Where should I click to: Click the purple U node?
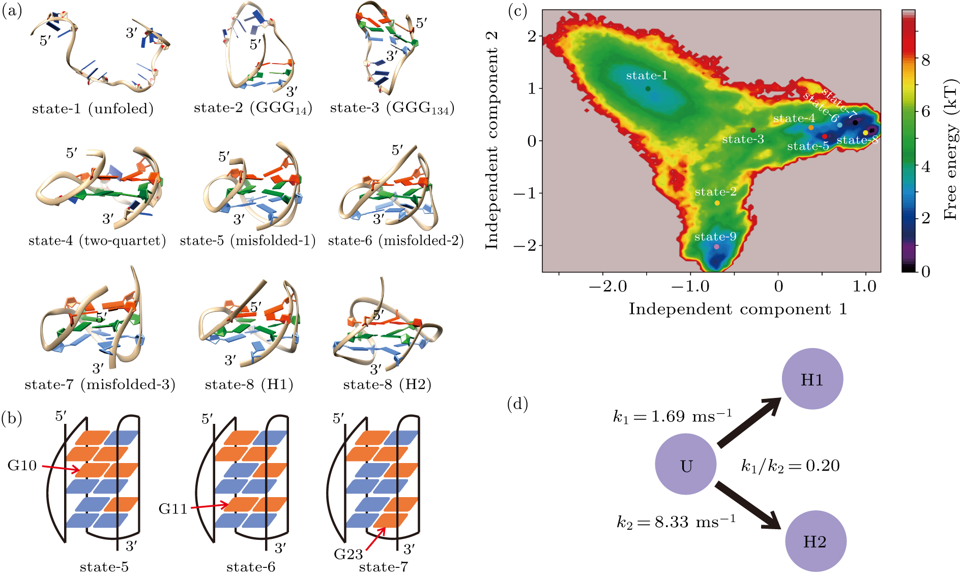[x=685, y=464]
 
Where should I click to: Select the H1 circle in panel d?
[x=812, y=379]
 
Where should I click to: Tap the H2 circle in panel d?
[x=815, y=541]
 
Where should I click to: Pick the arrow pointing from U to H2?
[x=748, y=506]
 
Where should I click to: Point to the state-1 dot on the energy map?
[x=648, y=89]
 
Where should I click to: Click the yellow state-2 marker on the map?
[x=717, y=203]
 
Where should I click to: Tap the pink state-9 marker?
[x=716, y=247]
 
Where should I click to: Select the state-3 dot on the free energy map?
[x=753, y=130]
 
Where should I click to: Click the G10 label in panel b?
[x=22, y=465]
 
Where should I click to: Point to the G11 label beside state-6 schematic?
[x=173, y=508]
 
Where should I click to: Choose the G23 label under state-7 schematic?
[x=348, y=554]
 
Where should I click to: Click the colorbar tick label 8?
[x=926, y=60]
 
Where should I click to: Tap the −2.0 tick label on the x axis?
[x=608, y=286]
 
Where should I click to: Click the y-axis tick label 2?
[x=532, y=36]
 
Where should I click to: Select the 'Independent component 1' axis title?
[x=738, y=309]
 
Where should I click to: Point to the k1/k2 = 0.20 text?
[x=790, y=466]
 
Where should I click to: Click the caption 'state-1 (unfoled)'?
[x=93, y=109]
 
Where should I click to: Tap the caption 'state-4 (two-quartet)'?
[x=97, y=241]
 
